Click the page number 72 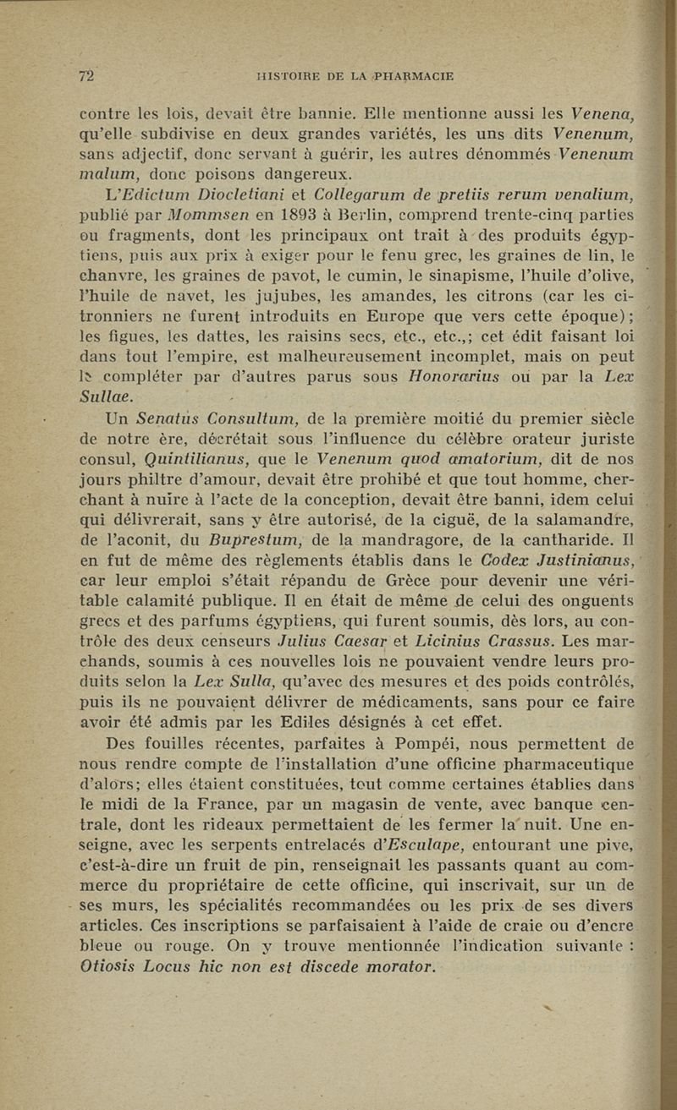click(x=85, y=76)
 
